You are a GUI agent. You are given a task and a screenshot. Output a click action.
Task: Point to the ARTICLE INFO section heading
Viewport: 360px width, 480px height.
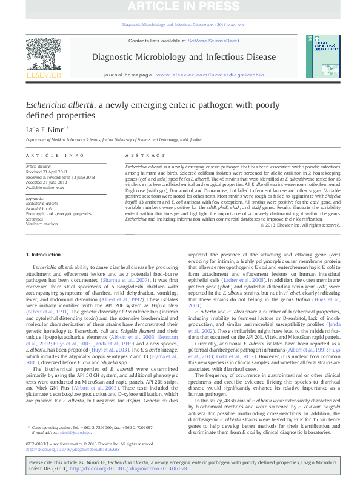46,156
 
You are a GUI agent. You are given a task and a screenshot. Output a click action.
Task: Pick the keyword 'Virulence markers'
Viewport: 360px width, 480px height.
41,224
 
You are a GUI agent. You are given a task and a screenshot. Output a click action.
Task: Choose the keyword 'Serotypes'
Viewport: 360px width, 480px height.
35,219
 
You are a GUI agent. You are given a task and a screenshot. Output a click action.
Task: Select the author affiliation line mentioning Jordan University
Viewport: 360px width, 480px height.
116,139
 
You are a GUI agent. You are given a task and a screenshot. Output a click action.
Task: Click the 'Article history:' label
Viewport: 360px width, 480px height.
39,165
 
